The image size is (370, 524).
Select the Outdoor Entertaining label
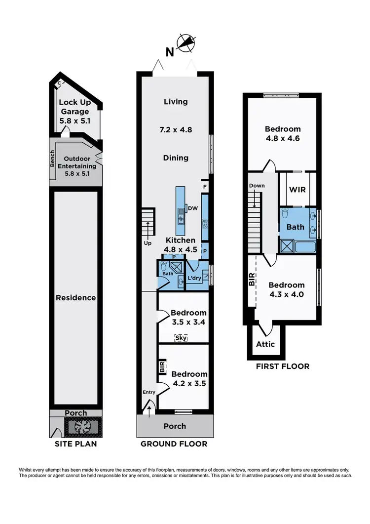77,162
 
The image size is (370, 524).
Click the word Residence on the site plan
75,297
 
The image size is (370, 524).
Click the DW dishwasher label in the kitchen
193,208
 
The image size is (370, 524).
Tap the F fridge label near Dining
204,187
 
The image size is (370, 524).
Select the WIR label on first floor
298,189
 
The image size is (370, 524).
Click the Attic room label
265,344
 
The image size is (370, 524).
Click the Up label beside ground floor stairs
147,243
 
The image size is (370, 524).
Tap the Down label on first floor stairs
257,186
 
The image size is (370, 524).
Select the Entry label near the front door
148,392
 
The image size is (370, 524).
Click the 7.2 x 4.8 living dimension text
176,130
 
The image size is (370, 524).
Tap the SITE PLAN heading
76,443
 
